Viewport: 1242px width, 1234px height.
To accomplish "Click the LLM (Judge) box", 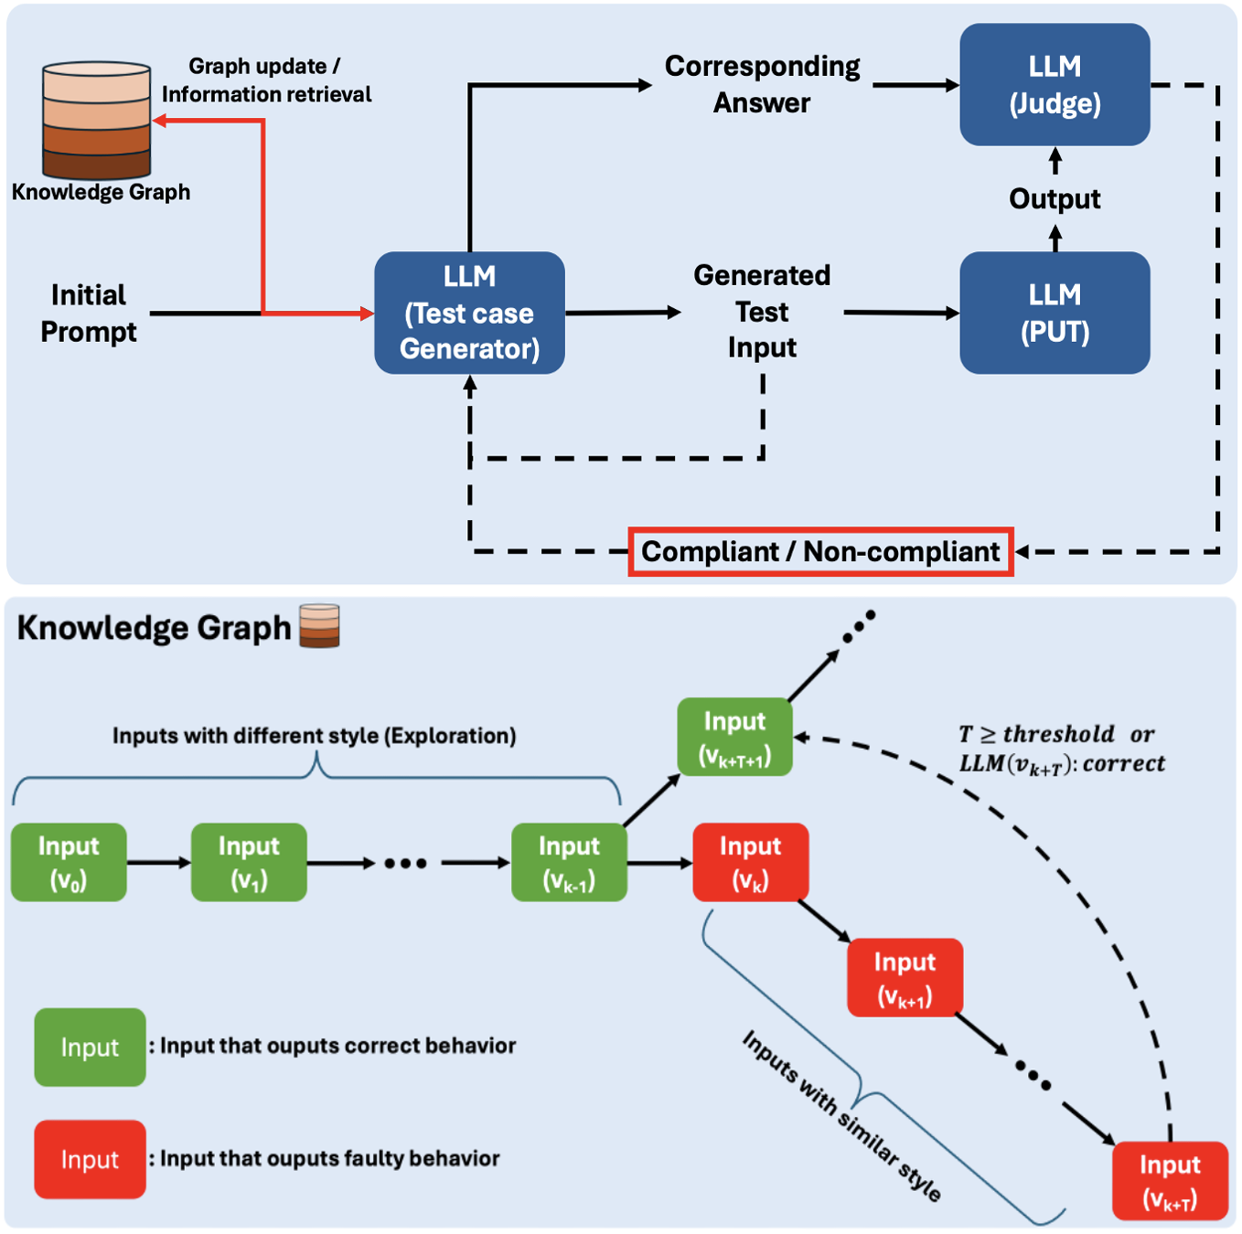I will [1055, 84].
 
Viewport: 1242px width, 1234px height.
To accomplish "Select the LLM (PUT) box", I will [1055, 313].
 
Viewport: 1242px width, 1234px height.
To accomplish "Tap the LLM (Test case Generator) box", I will [469, 313].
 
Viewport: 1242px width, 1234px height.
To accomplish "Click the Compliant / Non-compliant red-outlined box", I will [820, 551].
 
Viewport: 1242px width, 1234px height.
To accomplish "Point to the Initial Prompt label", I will [89, 313].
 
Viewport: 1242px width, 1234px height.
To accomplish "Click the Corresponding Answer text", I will [762, 84].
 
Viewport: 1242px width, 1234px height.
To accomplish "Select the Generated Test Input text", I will [762, 312].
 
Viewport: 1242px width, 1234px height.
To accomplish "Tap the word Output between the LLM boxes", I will [1055, 199].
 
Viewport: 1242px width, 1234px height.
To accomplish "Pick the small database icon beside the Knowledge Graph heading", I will [319, 626].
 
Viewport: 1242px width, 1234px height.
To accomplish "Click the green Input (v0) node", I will [69, 862].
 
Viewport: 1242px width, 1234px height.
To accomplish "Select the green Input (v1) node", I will [249, 862].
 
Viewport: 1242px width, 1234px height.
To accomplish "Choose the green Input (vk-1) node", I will [569, 862].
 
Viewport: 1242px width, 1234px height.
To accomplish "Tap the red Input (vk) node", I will [750, 862].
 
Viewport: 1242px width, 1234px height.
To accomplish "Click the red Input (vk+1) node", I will [905, 977].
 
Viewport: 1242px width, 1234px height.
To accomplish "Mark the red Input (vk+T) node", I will [1170, 1180].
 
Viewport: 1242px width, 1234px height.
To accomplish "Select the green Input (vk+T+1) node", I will [734, 737].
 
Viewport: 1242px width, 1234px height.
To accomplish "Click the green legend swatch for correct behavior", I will [90, 1047].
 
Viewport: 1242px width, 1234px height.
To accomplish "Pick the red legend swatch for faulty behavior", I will [90, 1159].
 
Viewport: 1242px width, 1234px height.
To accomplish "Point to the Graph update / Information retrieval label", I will [266, 80].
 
